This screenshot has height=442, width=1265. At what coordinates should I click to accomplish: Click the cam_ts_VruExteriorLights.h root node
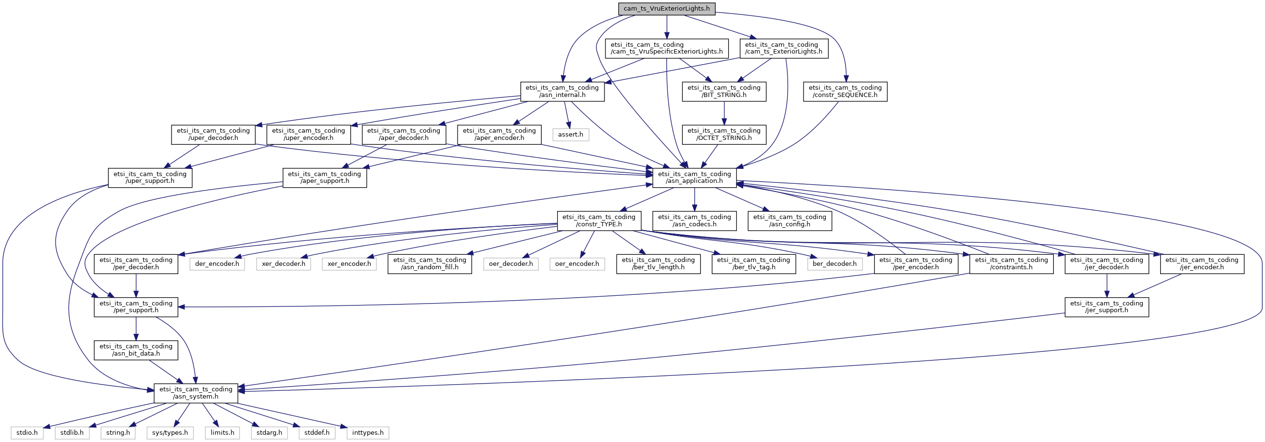click(666, 9)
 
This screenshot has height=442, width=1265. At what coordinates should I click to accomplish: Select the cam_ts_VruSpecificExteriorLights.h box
click(666, 48)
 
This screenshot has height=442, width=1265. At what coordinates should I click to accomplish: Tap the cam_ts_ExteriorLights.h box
click(783, 48)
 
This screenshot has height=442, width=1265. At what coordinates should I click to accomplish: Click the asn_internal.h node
click(562, 91)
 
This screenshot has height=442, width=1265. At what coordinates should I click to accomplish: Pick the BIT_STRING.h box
click(724, 91)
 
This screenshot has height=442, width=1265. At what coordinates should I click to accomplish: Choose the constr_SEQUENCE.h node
click(845, 91)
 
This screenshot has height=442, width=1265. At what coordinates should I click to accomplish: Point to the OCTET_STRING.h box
click(724, 134)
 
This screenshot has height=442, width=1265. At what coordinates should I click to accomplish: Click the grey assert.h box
click(571, 135)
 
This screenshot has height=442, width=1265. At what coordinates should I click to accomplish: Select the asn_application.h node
click(694, 177)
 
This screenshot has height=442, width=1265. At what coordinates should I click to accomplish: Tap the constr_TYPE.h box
click(599, 220)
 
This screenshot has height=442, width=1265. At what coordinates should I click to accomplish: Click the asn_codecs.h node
click(694, 220)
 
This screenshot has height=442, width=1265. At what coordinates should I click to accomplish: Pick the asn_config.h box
click(789, 220)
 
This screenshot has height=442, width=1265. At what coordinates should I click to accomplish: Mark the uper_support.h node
click(150, 177)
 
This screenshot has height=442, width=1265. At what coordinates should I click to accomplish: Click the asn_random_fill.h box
click(429, 263)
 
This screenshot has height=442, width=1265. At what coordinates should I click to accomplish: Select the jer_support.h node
click(1106, 306)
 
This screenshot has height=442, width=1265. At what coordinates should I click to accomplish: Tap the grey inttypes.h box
click(367, 433)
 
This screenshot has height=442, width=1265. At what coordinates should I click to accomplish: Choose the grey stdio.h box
click(27, 433)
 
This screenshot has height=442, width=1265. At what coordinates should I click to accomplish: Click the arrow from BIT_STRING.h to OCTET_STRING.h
click(724, 113)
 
